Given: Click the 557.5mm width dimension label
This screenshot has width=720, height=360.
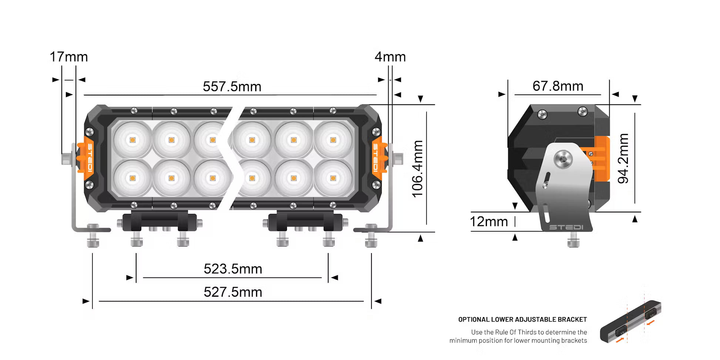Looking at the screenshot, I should pos(232,87).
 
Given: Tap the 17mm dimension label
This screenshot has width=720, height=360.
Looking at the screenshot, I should pos(69,57).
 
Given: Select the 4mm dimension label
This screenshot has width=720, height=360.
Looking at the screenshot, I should pos(390,57).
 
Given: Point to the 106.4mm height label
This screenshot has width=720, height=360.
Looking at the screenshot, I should pos(418,169).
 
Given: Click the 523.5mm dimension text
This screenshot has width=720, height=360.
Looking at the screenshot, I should pos(233,269).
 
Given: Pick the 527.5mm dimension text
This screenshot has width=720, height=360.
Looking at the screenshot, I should pos(233,292).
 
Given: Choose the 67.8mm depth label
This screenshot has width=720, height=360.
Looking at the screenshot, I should pos(558,86).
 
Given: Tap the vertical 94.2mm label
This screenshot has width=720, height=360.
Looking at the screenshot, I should pos(623,158).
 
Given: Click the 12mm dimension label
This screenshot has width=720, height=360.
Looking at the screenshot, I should pos(488,222).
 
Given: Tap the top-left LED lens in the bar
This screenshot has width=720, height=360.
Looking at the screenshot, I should pos(132,140).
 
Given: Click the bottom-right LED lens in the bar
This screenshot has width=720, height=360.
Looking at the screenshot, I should pos(333,178).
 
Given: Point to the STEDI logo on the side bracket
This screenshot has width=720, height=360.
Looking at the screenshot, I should pos(566,227).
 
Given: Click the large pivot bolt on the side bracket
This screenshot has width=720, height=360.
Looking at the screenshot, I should pos(563,160).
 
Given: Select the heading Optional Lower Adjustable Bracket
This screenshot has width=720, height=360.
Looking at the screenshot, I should pos(522,319).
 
